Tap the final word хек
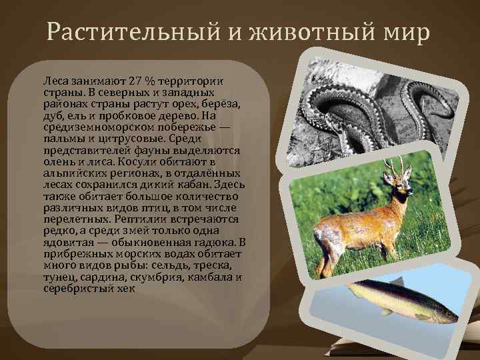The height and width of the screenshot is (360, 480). click(x=125, y=289)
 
